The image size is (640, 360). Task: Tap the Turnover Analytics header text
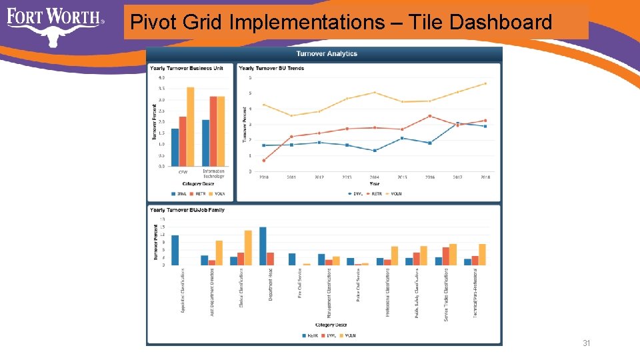pyautogui.click(x=326, y=53)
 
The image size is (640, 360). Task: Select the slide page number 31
pyautogui.click(x=587, y=343)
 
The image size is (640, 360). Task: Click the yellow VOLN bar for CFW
pyautogui.click(x=191, y=127)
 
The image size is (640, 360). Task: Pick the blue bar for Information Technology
pyautogui.click(x=206, y=143)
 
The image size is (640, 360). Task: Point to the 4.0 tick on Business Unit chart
pyautogui.click(x=161, y=77)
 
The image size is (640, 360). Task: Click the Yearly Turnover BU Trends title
pyautogui.click(x=271, y=68)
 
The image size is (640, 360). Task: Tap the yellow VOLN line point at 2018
pyautogui.click(x=485, y=84)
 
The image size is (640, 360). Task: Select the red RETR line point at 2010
pyautogui.click(x=264, y=160)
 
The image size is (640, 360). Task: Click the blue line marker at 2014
pyautogui.click(x=375, y=151)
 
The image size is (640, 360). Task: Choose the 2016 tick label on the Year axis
pyautogui.click(x=430, y=177)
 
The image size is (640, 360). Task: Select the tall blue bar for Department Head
pyautogui.click(x=263, y=246)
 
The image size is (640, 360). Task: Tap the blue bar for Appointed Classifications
pyautogui.click(x=175, y=250)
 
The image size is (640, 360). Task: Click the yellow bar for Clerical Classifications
pyautogui.click(x=248, y=247)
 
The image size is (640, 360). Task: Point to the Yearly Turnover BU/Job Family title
pyautogui.click(x=187, y=210)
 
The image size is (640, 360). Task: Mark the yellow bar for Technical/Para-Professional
pyautogui.click(x=482, y=254)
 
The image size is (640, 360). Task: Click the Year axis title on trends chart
pyautogui.click(x=375, y=183)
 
